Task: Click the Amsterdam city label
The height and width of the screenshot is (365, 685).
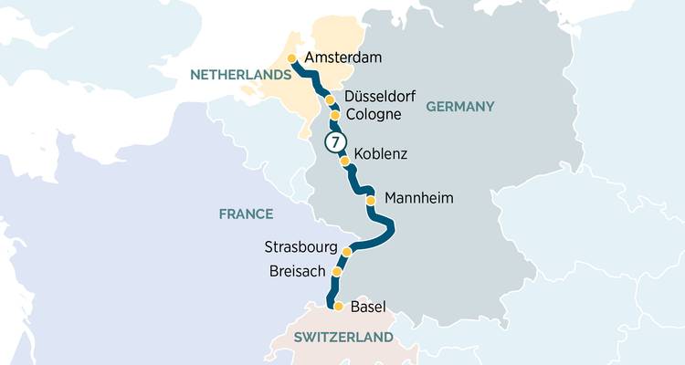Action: point(342,58)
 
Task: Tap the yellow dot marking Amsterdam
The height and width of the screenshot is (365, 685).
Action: point(292,58)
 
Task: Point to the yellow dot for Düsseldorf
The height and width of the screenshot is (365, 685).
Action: point(330,99)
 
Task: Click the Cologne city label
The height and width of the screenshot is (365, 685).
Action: point(374,115)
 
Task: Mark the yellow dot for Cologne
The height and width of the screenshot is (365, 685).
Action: point(335,116)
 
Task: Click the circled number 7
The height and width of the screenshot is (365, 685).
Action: point(336,141)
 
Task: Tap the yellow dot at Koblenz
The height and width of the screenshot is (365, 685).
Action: point(345,162)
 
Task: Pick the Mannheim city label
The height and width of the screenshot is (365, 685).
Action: point(419,198)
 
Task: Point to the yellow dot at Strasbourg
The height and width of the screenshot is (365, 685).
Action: point(347,251)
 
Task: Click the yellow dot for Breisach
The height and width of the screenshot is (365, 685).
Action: point(337,272)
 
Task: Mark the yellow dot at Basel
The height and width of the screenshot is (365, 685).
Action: point(338,307)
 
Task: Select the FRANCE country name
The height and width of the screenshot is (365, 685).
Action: point(246,214)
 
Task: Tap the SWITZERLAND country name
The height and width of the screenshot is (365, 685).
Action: point(343,338)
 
